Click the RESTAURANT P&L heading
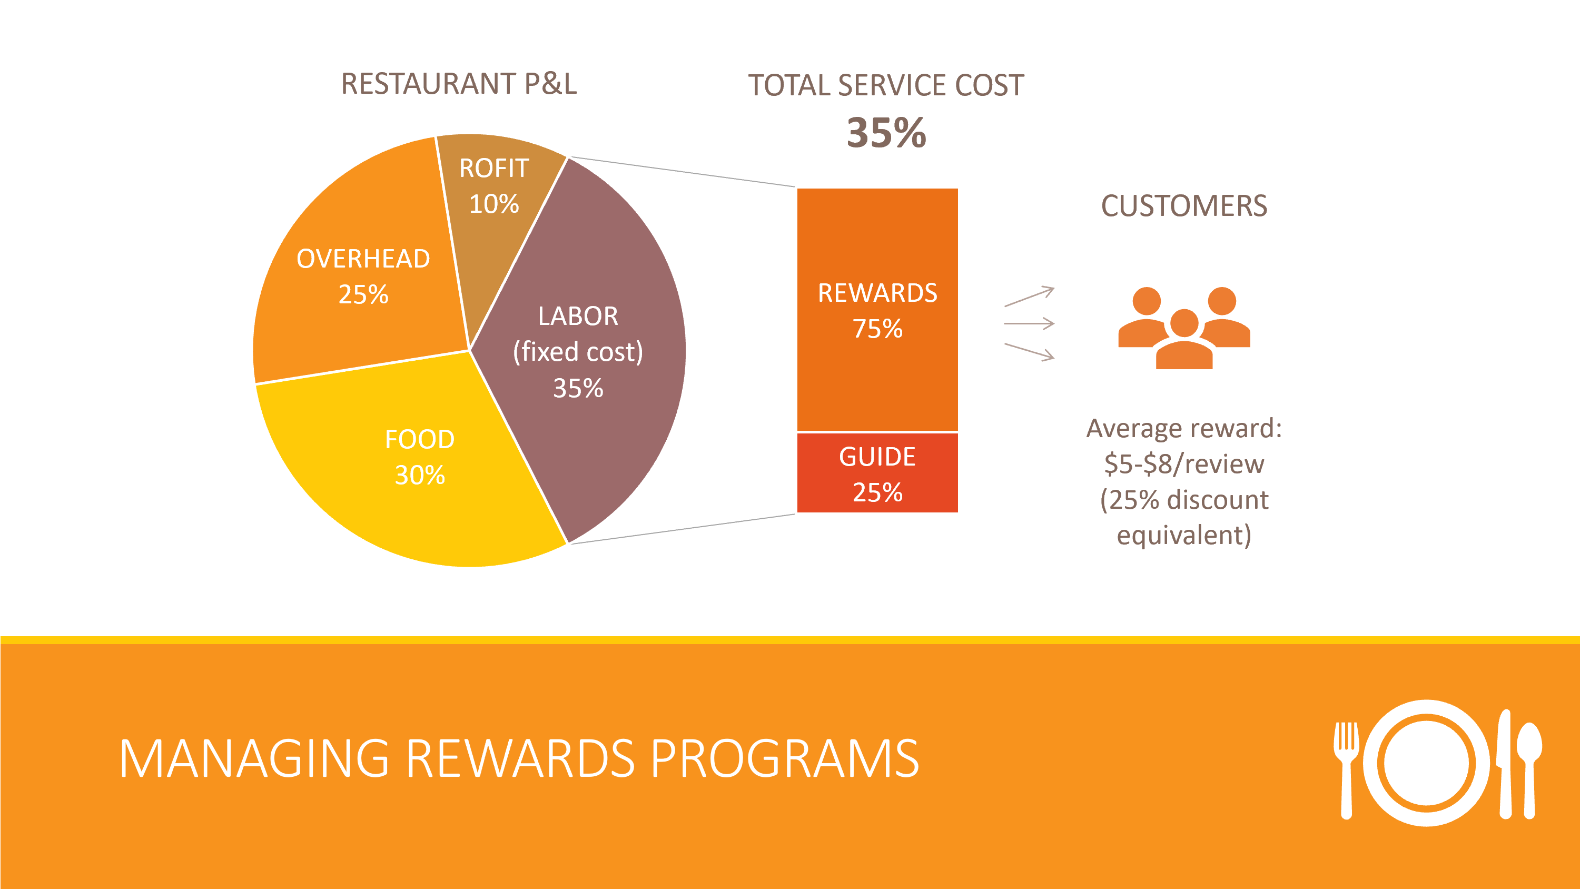(459, 84)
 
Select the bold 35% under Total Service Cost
(886, 133)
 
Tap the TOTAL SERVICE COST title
(886, 85)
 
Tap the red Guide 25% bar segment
(877, 473)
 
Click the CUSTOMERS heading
(1184, 206)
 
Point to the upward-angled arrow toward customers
(1029, 297)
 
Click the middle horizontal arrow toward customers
(1029, 323)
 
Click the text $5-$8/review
(1184, 464)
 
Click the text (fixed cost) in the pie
(578, 352)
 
